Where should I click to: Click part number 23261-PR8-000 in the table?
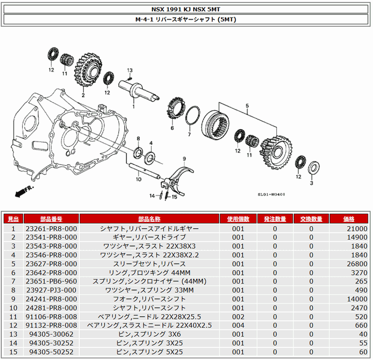(x=51, y=228)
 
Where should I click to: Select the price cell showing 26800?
(x=357, y=264)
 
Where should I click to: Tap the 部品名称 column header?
(x=149, y=219)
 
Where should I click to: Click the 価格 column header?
(x=349, y=219)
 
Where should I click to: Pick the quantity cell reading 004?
(x=238, y=325)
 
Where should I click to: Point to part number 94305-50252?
(x=51, y=352)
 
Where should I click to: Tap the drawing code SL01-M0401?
(x=271, y=194)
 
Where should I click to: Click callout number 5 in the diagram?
(x=247, y=105)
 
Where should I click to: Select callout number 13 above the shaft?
(x=130, y=70)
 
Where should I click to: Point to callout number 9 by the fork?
(x=184, y=159)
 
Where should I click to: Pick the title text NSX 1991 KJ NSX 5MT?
(x=186, y=9)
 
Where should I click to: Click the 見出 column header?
(x=14, y=219)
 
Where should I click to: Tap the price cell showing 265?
(x=361, y=281)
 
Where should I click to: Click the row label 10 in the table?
(x=14, y=308)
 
